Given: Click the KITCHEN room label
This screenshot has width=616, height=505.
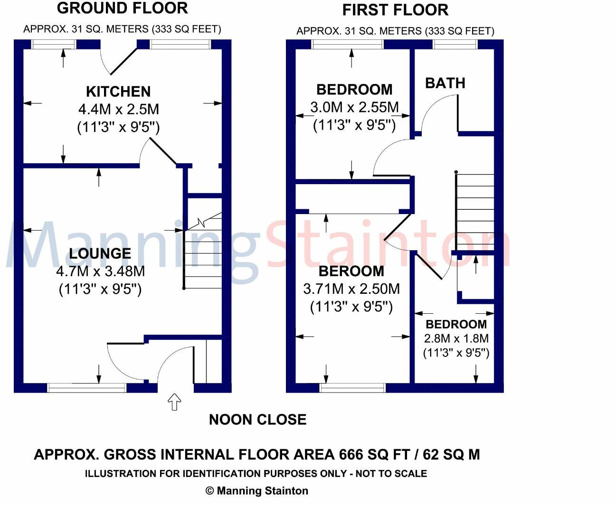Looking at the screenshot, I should point(118,91).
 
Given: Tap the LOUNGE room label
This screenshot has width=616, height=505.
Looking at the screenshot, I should point(100,253).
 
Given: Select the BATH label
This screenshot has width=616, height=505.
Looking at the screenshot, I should point(445,83).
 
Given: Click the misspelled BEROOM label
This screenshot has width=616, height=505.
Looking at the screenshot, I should point(351,271).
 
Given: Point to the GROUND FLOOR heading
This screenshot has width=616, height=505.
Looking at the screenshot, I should point(122,8).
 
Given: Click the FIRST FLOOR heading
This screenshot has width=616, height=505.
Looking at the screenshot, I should point(395,10).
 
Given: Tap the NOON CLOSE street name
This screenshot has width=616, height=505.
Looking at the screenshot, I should point(257,420).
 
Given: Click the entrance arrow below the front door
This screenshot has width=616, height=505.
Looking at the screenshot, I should point(175,402).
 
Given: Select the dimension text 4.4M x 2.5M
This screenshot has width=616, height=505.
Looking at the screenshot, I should point(118,109).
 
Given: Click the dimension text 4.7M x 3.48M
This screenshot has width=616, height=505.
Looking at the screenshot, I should point(100,271).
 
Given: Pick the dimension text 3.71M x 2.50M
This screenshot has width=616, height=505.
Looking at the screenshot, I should point(351,289).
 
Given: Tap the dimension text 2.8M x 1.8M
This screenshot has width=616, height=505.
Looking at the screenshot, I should point(456,338).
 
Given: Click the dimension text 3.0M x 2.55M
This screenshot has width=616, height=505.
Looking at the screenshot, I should point(354,107).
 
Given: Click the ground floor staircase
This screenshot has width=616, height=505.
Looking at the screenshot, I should point(203,252).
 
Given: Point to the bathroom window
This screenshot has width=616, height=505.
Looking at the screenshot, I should point(455,44).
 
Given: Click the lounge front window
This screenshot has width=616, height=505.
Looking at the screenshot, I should point(87,388).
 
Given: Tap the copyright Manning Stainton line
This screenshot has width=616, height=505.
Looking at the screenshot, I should point(256,491).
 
